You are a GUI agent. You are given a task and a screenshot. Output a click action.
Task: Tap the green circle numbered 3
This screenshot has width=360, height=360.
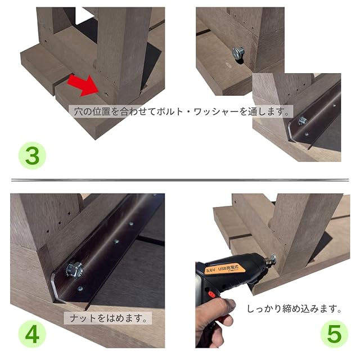click(32, 156)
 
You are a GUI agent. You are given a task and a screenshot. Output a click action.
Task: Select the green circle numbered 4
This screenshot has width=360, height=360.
click(32, 334)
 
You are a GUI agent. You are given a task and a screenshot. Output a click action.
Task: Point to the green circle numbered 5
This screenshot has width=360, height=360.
click(334, 334)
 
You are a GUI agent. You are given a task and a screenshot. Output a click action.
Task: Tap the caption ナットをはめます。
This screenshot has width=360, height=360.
click(108, 318)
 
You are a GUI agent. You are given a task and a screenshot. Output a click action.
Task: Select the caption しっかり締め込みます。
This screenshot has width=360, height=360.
click(294, 309)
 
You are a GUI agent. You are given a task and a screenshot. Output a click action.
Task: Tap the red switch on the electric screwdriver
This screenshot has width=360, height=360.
click(211, 294)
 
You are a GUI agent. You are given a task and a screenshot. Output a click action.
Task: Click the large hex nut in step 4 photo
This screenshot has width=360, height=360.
click(74, 269)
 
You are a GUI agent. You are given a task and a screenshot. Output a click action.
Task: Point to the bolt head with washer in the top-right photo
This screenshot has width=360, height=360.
click(238, 53)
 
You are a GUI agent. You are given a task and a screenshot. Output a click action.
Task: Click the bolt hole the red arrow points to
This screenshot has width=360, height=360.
click(106, 94)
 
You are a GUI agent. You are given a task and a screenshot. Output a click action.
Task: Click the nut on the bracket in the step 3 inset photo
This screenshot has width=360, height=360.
click(303, 121)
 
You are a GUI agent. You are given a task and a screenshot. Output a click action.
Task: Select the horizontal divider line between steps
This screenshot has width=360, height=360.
click(180, 180)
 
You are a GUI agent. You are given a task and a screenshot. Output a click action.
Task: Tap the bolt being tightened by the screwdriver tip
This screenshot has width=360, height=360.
click(273, 259)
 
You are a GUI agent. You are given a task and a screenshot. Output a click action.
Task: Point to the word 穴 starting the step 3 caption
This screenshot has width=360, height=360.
click(79, 111)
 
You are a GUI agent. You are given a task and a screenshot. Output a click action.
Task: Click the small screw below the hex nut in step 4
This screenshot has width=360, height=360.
click(80, 289)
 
